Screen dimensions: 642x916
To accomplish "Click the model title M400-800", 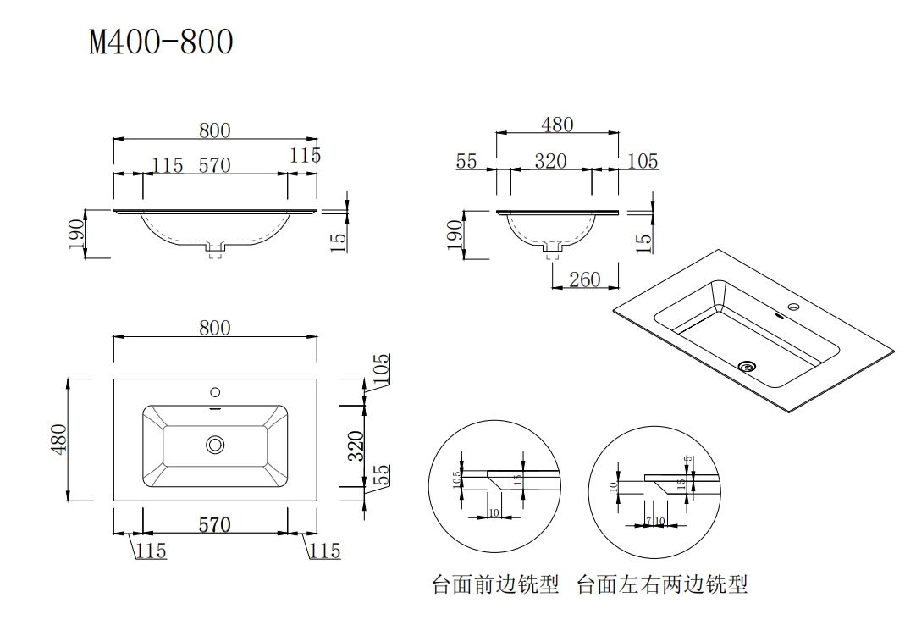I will [x=161, y=42].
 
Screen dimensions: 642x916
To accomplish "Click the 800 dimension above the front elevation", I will [x=215, y=130].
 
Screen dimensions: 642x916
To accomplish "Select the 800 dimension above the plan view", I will [x=215, y=328].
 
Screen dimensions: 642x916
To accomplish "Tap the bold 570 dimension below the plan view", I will [x=215, y=525].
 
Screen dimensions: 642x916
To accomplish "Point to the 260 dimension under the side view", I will [x=585, y=279].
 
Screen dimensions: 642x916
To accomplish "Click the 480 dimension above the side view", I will [x=557, y=125].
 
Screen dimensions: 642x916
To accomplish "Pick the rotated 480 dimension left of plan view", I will [x=58, y=440].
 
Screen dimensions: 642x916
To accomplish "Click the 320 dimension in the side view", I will [x=550, y=161].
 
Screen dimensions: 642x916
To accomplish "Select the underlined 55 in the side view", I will [x=466, y=161].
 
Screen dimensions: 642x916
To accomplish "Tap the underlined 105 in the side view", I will [x=643, y=161].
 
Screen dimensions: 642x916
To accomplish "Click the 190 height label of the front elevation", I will [x=76, y=235].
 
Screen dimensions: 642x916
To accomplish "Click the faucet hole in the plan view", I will [x=215, y=392].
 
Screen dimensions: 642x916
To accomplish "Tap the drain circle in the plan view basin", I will [x=215, y=444].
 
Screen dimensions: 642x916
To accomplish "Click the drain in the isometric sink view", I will [x=747, y=366].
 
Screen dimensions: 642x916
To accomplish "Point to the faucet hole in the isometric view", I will [x=794, y=307].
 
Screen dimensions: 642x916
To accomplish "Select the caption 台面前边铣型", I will [x=495, y=584].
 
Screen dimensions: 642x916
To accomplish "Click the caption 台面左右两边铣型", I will [x=662, y=584].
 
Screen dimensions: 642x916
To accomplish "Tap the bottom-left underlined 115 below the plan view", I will [x=152, y=551].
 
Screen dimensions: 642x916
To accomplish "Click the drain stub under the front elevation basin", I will [x=215, y=249].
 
